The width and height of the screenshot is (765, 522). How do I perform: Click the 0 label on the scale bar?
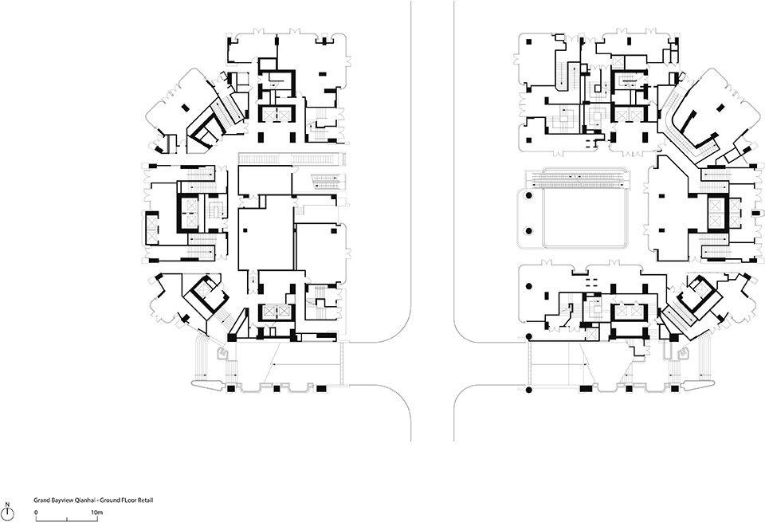pos(36,511)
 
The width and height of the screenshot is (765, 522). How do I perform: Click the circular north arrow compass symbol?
pos(7,513)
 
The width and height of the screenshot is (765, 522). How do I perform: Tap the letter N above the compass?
pos(7,504)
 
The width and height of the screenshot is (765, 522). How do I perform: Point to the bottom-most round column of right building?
pos(528,389)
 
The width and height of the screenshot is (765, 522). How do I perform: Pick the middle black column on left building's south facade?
pos(277,389)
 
